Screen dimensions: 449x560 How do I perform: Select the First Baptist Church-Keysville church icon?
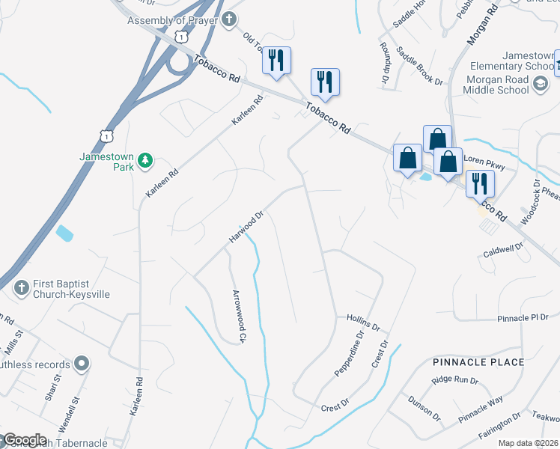pyautogui.click(x=22, y=286)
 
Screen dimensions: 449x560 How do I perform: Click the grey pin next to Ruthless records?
pyautogui.click(x=82, y=364)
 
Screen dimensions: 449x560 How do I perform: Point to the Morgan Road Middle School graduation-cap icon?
pyautogui.click(x=540, y=85)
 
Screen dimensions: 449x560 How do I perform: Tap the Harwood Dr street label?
pyautogui.click(x=247, y=227)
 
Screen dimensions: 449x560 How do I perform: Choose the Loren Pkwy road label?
pyautogui.click(x=486, y=159)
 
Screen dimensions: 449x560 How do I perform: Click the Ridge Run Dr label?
pyautogui.click(x=454, y=380)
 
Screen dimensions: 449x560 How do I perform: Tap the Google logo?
pyautogui.click(x=25, y=440)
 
